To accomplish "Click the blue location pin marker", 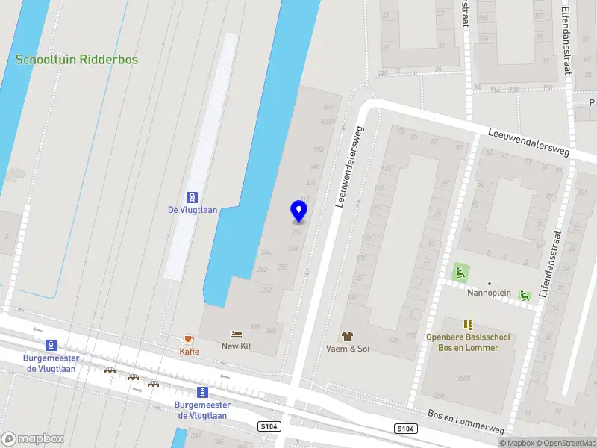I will (x=299, y=211).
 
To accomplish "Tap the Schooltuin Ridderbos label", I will (x=77, y=60).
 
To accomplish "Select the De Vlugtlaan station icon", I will (x=193, y=197).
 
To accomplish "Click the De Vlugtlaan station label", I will (x=193, y=210).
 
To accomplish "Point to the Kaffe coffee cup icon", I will (x=189, y=339).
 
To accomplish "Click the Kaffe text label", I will (x=189, y=352).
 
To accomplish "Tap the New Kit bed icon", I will (x=237, y=334).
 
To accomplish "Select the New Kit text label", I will (x=237, y=346).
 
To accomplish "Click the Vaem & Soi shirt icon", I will (x=347, y=336).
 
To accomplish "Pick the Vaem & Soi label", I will (x=347, y=349).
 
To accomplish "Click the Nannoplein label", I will (x=489, y=293).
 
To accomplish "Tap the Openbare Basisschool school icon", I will (x=468, y=325).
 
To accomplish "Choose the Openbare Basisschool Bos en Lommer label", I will (x=468, y=343).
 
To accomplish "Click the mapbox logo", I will (x=32, y=438).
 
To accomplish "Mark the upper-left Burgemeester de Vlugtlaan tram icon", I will (x=51, y=345).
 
